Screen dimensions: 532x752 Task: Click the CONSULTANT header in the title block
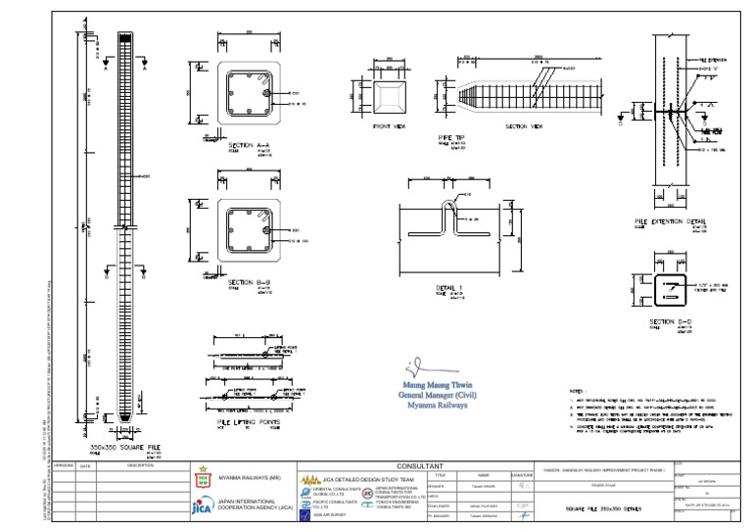click(x=419, y=466)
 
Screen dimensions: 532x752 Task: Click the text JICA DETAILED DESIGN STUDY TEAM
click(x=358, y=478)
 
